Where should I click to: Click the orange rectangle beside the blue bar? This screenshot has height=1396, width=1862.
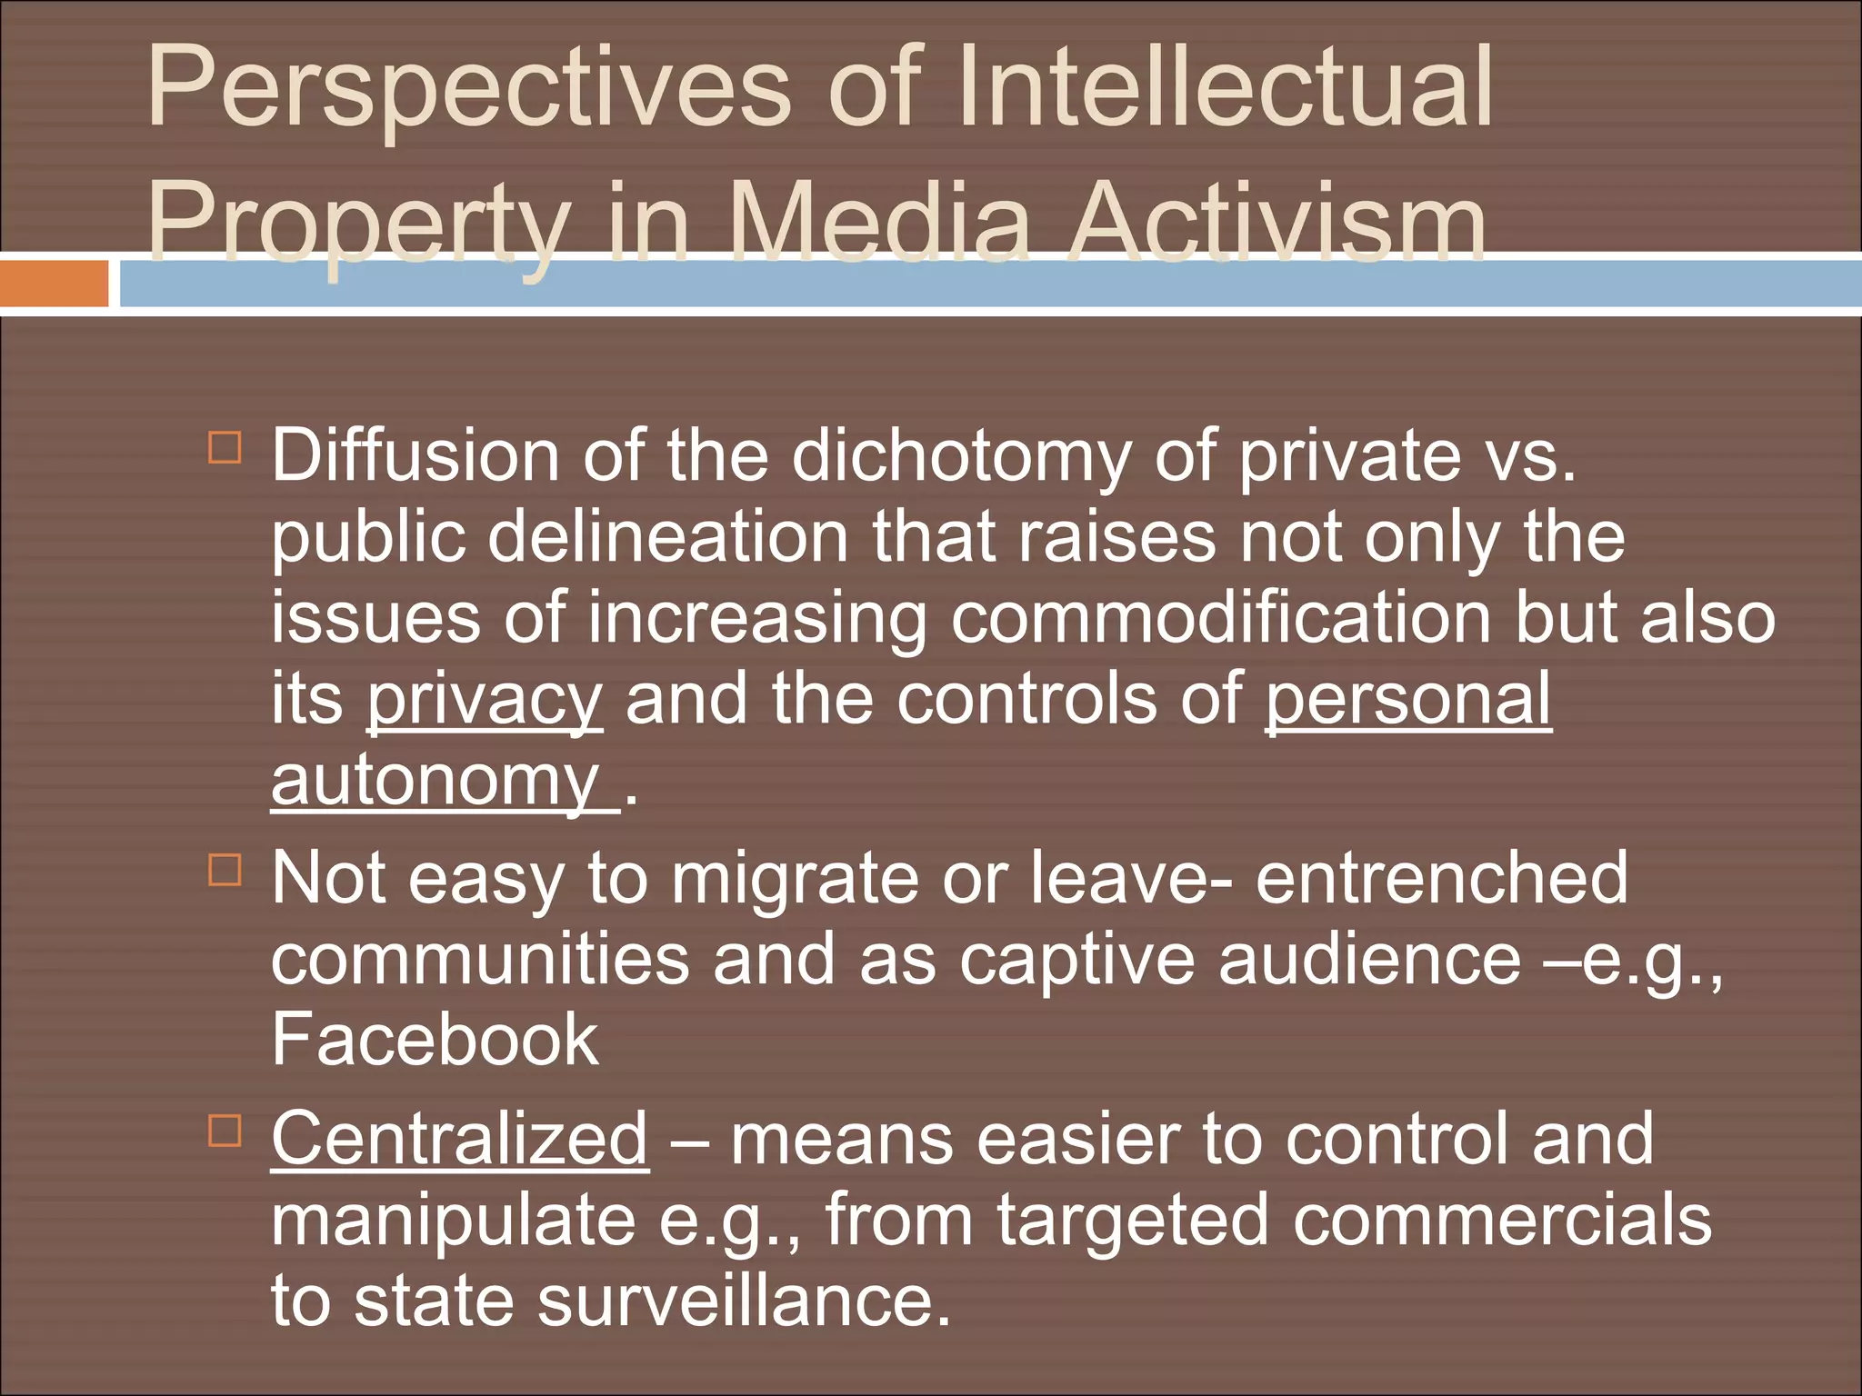click(54, 284)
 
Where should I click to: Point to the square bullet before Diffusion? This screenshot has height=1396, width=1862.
click(225, 448)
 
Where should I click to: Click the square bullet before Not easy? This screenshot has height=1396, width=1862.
click(225, 870)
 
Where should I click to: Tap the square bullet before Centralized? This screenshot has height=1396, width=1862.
click(225, 1132)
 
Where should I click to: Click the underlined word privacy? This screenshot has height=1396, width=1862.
click(484, 700)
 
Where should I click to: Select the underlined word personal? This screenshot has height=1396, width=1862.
click(1408, 700)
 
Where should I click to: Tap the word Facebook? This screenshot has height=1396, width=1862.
click(435, 1040)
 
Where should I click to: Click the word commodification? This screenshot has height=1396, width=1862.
click(1221, 618)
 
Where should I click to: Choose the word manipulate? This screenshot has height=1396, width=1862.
click(453, 1221)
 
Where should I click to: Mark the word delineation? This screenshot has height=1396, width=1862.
click(668, 537)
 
